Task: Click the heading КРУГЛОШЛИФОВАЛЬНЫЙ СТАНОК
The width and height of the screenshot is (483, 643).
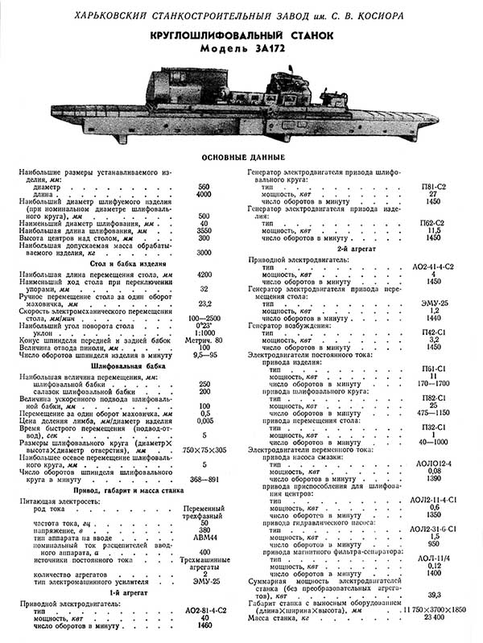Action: [x=241, y=38]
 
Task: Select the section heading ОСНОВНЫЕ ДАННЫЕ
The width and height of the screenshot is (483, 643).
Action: [x=241, y=155]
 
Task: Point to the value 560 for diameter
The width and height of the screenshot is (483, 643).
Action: [x=204, y=187]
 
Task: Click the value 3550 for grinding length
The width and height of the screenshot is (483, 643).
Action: [x=204, y=231]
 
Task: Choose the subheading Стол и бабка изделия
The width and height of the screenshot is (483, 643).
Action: [x=117, y=263]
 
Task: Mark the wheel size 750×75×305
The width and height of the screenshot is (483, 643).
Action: [x=204, y=449]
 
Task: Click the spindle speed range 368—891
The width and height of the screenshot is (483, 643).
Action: [x=204, y=480]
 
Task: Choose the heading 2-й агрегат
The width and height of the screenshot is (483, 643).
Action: [x=359, y=249]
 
